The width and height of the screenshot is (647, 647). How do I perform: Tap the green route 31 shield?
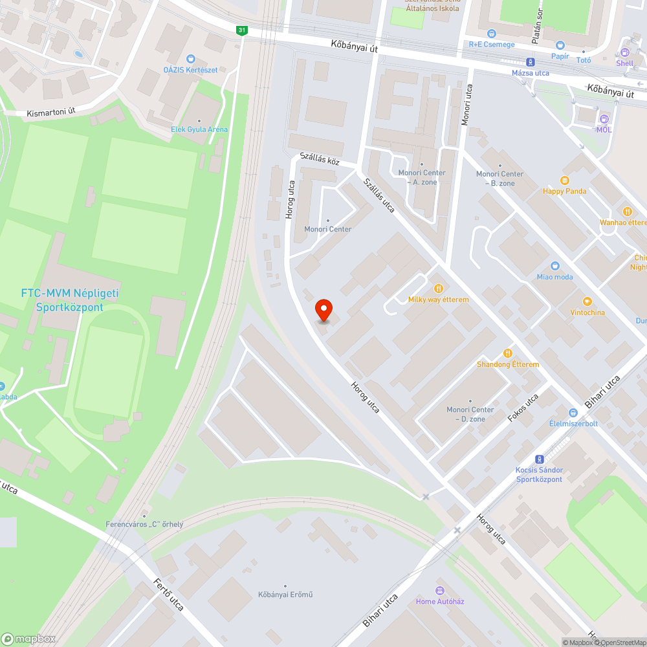(242, 30)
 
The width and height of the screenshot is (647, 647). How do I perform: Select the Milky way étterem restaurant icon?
(438, 288)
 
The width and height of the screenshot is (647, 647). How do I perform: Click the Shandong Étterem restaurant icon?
(508, 353)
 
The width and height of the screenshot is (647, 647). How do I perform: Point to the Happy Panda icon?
(565, 180)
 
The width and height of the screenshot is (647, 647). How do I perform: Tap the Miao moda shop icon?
(554, 266)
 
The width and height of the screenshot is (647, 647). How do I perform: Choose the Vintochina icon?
(587, 302)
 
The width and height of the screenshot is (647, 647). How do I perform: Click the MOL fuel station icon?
(604, 119)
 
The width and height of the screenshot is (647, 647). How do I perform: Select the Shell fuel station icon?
(624, 53)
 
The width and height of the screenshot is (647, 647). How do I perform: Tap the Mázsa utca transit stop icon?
(531, 62)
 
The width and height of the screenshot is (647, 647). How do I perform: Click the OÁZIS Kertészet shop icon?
(190, 59)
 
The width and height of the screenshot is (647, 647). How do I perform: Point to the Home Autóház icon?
(440, 590)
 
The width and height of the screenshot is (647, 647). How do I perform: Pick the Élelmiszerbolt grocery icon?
(573, 413)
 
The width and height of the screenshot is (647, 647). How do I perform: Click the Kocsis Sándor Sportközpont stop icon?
(540, 459)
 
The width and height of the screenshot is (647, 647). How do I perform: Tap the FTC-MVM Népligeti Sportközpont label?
(70, 300)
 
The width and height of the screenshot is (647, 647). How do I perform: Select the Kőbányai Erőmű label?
(285, 595)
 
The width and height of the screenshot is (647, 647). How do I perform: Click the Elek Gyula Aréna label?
(199, 129)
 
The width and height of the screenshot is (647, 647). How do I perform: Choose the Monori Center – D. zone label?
(470, 414)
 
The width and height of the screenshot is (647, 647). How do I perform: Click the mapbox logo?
(29, 639)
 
